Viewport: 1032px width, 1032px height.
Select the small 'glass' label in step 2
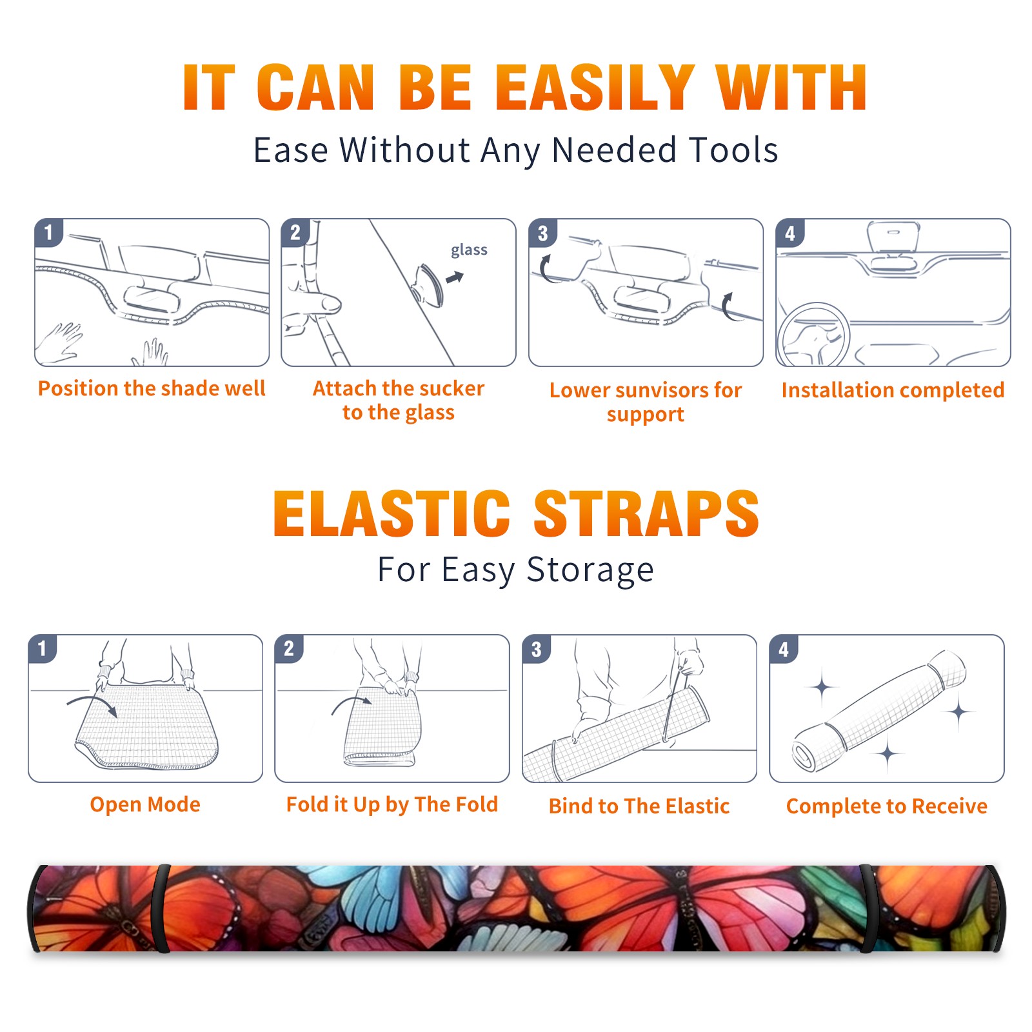[469, 250]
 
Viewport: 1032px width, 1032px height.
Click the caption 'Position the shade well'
[152, 388]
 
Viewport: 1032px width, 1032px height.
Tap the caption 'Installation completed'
[893, 390]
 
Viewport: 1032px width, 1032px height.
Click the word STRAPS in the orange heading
[646, 513]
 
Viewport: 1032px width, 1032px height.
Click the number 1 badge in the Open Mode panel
[43, 648]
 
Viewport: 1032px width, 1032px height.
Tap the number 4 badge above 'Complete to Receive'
[784, 649]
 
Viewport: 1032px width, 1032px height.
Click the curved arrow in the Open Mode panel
[93, 702]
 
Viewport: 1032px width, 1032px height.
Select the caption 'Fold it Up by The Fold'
[392, 804]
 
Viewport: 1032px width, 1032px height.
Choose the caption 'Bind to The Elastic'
[639, 806]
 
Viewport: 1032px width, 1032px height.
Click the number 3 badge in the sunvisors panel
[543, 233]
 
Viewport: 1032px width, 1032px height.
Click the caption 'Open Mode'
[145, 804]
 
